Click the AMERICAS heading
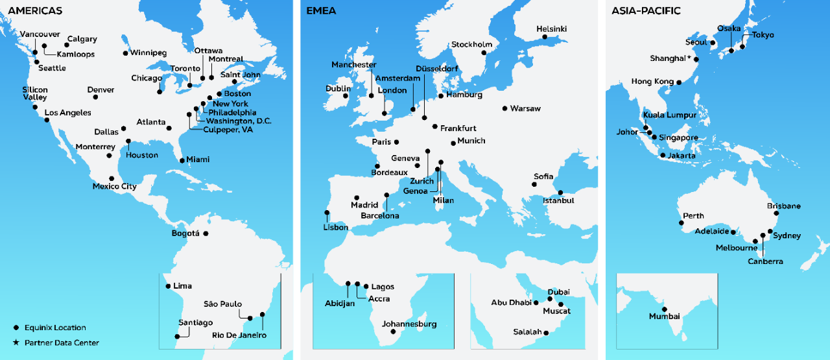click(x=35, y=11)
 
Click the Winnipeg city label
click(x=148, y=53)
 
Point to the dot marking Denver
click(x=96, y=97)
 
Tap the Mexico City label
click(x=115, y=187)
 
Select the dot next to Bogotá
click(x=206, y=234)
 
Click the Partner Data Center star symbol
click(x=16, y=342)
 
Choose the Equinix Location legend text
click(x=55, y=328)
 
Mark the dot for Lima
click(x=169, y=286)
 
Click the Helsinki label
click(x=552, y=29)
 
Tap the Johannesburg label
click(x=410, y=324)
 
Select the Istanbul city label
click(x=558, y=201)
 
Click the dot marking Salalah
click(x=547, y=333)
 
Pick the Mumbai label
click(x=665, y=317)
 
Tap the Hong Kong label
click(x=652, y=82)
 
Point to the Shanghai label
click(x=668, y=58)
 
